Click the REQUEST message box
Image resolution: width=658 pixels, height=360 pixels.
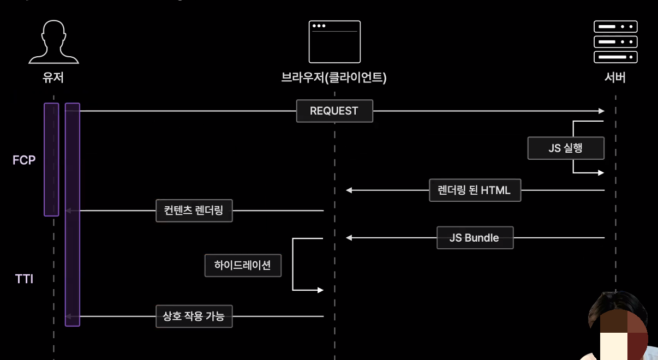click(334, 111)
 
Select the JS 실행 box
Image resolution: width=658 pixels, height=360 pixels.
click(566, 148)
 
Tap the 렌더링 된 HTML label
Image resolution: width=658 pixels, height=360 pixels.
click(475, 190)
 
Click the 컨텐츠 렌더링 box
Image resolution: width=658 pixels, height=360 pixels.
click(194, 211)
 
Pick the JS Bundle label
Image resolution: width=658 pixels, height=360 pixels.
click(475, 238)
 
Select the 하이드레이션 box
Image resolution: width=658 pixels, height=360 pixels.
click(243, 266)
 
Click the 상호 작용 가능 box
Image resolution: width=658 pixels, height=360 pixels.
click(194, 316)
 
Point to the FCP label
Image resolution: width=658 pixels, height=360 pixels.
click(23, 160)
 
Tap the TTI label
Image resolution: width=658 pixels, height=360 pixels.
click(24, 279)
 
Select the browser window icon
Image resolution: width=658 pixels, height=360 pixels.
click(334, 41)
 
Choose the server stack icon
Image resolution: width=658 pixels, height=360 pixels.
click(615, 41)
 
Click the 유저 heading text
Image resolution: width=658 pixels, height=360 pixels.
click(53, 78)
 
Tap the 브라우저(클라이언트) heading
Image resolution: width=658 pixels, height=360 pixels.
click(334, 78)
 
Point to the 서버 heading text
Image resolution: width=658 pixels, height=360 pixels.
click(615, 78)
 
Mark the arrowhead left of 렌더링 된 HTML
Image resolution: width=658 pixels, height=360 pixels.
click(349, 190)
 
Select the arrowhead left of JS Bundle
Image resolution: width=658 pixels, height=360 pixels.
click(349, 238)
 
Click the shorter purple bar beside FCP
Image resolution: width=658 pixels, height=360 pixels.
click(51, 159)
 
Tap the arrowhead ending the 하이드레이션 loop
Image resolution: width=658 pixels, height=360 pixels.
click(320, 290)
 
